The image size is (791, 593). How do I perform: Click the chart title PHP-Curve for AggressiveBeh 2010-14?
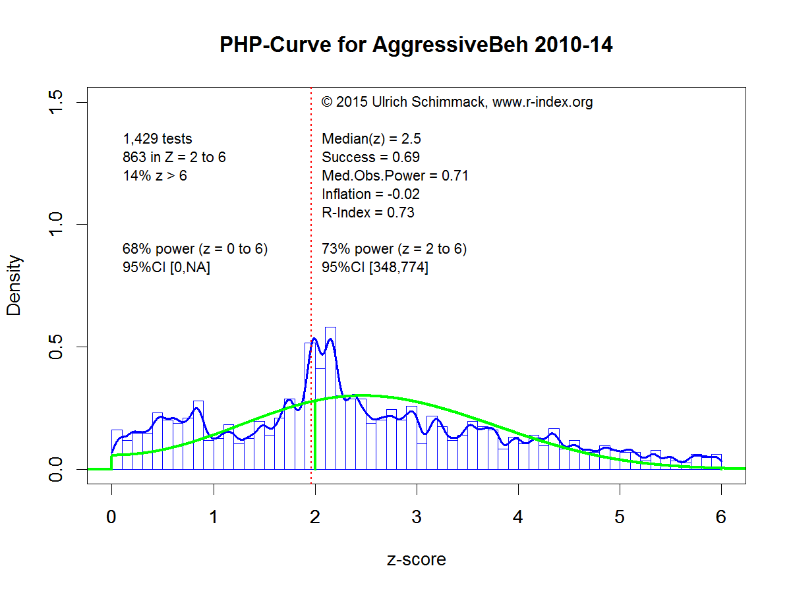point(416,45)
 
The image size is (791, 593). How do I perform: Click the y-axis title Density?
point(14,285)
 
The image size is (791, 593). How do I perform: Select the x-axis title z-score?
point(416,560)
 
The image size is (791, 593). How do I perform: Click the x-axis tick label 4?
point(518,517)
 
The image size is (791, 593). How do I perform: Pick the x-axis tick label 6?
point(721,517)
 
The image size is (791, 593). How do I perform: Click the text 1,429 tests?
point(158,139)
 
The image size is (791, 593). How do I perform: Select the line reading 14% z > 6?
point(155,176)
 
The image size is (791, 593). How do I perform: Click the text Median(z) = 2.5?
point(371,139)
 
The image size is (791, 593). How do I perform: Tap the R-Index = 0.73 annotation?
point(368,213)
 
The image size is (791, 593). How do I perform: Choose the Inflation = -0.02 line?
point(370,194)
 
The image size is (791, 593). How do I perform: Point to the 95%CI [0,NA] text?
point(166,268)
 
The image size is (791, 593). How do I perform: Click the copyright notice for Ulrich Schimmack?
point(457,102)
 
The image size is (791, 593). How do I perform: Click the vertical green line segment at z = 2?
point(315,435)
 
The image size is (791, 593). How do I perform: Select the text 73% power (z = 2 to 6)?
point(394,249)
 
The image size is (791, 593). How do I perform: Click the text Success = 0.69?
point(370,157)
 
